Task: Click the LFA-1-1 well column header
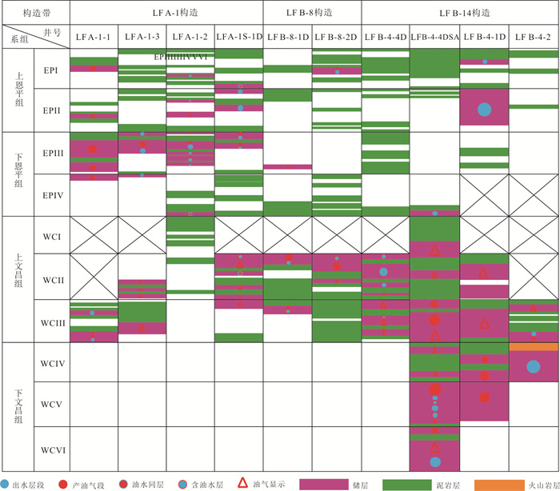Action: (94, 37)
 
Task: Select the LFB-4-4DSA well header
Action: (434, 37)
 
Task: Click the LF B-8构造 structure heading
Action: (312, 13)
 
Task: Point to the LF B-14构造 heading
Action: (460, 13)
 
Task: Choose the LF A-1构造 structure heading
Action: (166, 13)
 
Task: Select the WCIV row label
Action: (53, 365)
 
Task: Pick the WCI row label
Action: (53, 237)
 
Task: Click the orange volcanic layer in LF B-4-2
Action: (533, 346)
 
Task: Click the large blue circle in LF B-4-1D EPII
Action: (484, 110)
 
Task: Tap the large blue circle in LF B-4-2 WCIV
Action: (532, 366)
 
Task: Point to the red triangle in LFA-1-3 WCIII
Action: (142, 328)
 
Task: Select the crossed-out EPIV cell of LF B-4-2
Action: (533, 194)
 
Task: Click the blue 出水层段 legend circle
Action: (6, 484)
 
